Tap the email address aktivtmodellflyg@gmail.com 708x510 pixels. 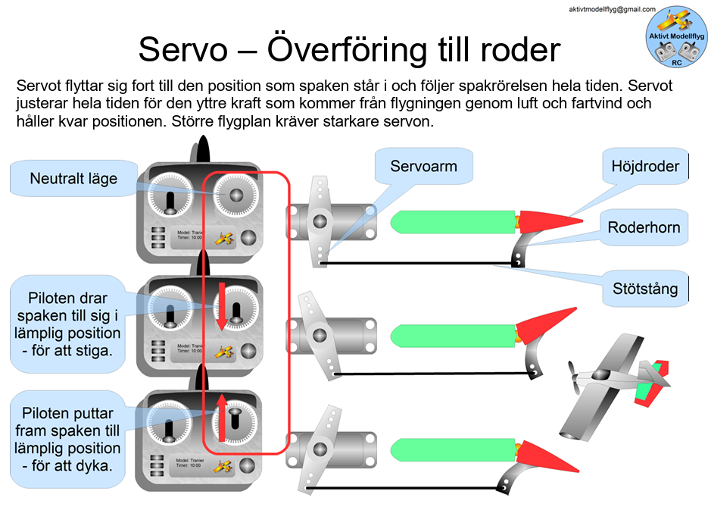click(611, 9)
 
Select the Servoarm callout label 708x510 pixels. click(424, 166)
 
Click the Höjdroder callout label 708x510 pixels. click(645, 166)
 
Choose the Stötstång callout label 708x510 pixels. click(645, 289)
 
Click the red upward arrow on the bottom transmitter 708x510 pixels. click(222, 416)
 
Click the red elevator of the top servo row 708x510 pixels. click(550, 220)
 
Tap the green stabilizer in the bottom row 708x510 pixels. click(453, 450)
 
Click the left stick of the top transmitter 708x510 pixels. click(170, 200)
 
